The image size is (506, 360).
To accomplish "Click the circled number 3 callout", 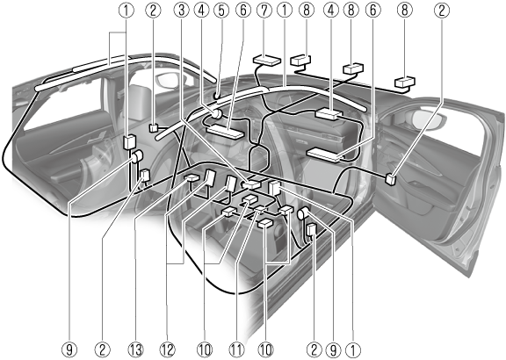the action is (x=181, y=11).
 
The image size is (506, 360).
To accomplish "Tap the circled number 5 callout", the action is (x=221, y=11).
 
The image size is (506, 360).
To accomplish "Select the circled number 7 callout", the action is (x=264, y=11).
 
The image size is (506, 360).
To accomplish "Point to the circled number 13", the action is (x=135, y=350).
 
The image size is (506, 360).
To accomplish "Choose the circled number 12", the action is (x=167, y=350).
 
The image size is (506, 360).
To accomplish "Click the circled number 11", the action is (x=236, y=350).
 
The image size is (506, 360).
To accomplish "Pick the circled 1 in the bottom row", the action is (x=353, y=350).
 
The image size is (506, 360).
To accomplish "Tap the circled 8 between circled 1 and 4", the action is (x=307, y=11).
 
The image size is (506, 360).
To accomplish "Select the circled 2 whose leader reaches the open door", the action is (x=442, y=11).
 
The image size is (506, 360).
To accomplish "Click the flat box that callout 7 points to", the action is (x=267, y=61).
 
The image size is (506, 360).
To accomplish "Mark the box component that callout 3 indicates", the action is (x=252, y=184).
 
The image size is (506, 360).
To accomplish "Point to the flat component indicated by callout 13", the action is (x=192, y=177).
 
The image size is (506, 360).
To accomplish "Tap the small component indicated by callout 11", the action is (x=261, y=209).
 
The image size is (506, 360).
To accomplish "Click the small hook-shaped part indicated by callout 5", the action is (x=217, y=96).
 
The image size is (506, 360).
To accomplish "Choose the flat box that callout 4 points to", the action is (x=329, y=114).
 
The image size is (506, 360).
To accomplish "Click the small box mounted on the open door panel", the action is (x=391, y=179).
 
